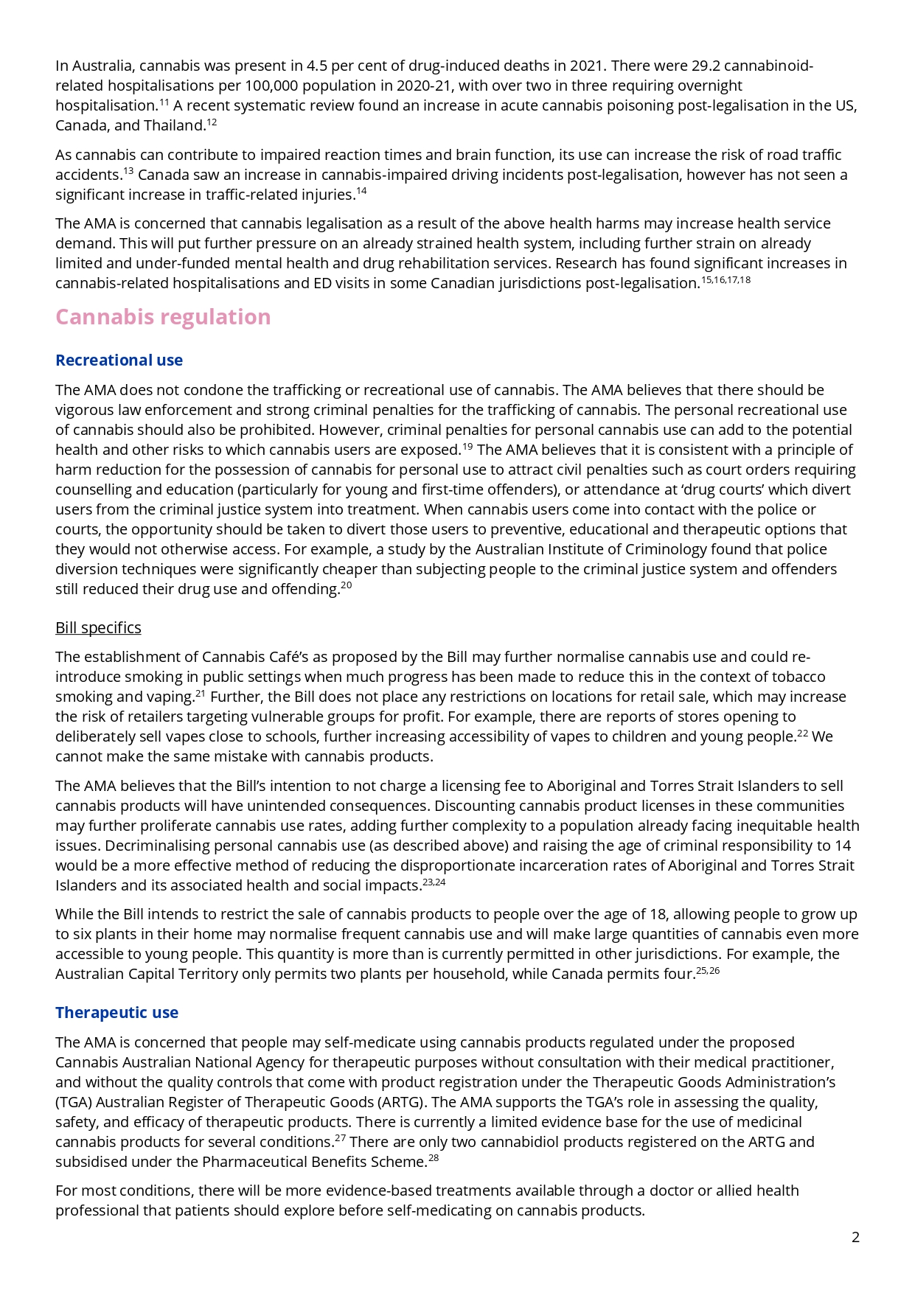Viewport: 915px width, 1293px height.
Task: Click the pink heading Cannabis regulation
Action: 163,317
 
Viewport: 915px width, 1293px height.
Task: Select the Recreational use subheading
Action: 119,360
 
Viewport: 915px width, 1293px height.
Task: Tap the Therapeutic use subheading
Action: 116,1013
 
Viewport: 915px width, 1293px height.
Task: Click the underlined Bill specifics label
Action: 98,628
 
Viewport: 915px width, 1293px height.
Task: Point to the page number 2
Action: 855,1238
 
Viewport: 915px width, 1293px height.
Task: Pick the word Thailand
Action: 174,126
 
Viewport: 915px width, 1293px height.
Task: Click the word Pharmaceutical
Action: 252,1163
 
